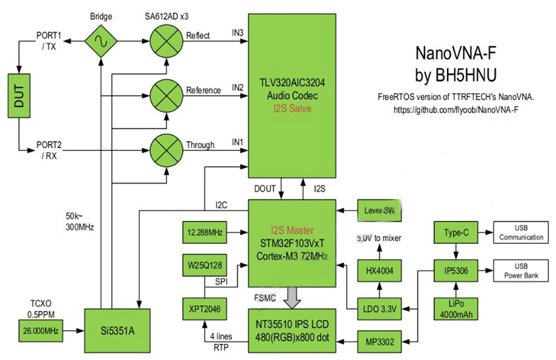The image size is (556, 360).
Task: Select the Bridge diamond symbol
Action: [x=101, y=43]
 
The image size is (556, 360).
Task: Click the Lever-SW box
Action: [x=380, y=209]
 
